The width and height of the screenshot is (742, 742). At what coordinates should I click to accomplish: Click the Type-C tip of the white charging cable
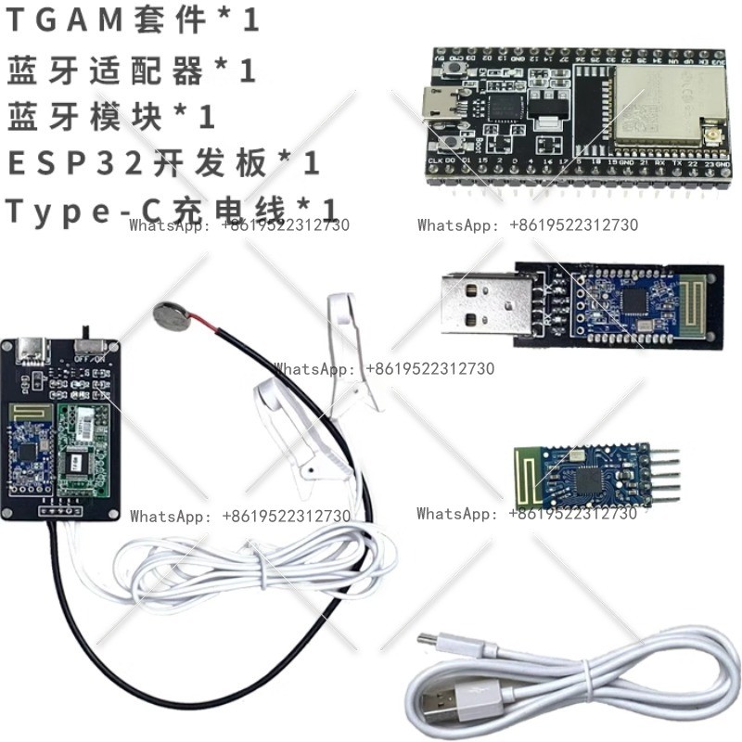point(429,643)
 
